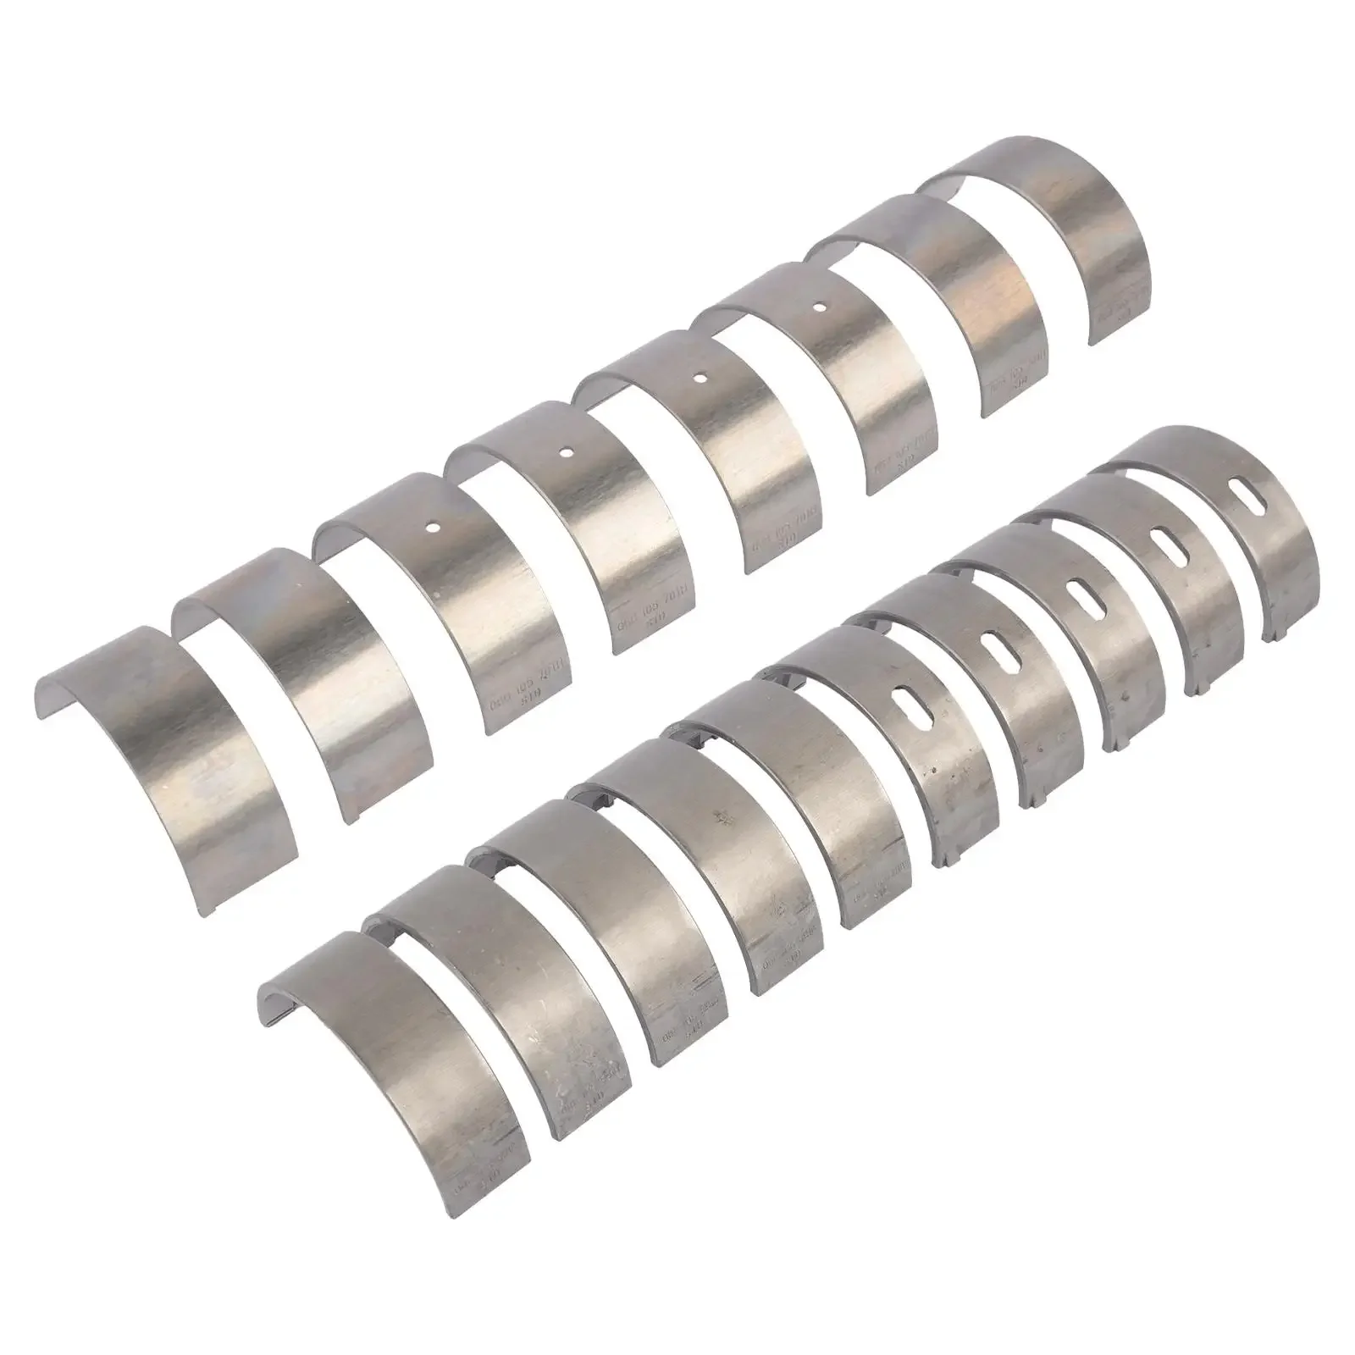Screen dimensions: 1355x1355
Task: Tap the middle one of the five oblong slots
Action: point(1080,595)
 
